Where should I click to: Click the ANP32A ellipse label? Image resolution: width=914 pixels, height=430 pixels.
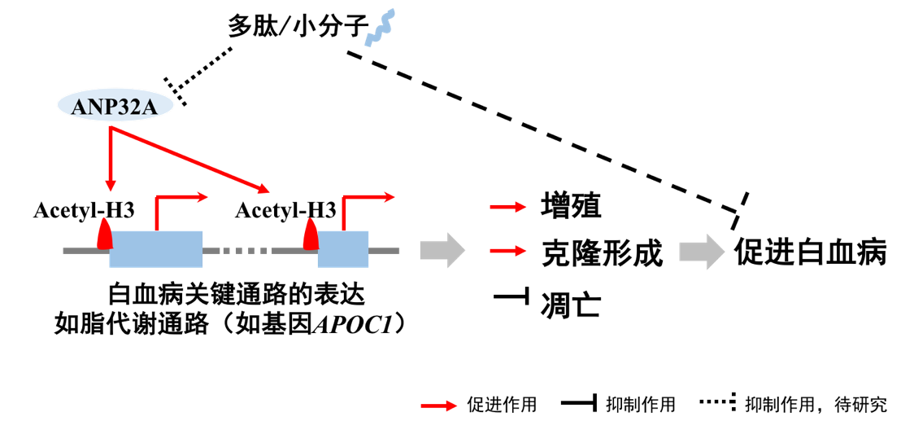point(115,107)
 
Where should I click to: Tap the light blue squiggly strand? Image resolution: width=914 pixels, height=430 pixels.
point(379,28)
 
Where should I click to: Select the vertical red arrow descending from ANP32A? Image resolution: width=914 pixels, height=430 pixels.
point(111,159)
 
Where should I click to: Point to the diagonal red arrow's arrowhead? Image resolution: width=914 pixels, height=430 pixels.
point(264,191)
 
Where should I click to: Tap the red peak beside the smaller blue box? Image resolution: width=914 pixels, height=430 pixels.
point(311,234)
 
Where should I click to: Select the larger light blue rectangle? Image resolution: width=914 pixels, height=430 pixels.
point(156,248)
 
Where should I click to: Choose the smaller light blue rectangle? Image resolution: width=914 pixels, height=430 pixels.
point(342,248)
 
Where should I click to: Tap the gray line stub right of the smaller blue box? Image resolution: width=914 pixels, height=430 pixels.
point(384,251)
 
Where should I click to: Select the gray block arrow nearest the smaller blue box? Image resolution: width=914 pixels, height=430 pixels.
point(442,250)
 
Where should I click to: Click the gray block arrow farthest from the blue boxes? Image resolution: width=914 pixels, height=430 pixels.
point(701,251)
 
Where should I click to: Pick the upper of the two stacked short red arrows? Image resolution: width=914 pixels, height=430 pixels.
point(507,207)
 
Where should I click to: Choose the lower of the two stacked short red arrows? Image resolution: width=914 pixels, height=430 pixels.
point(507,251)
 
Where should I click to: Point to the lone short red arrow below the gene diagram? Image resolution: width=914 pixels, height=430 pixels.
point(439,406)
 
